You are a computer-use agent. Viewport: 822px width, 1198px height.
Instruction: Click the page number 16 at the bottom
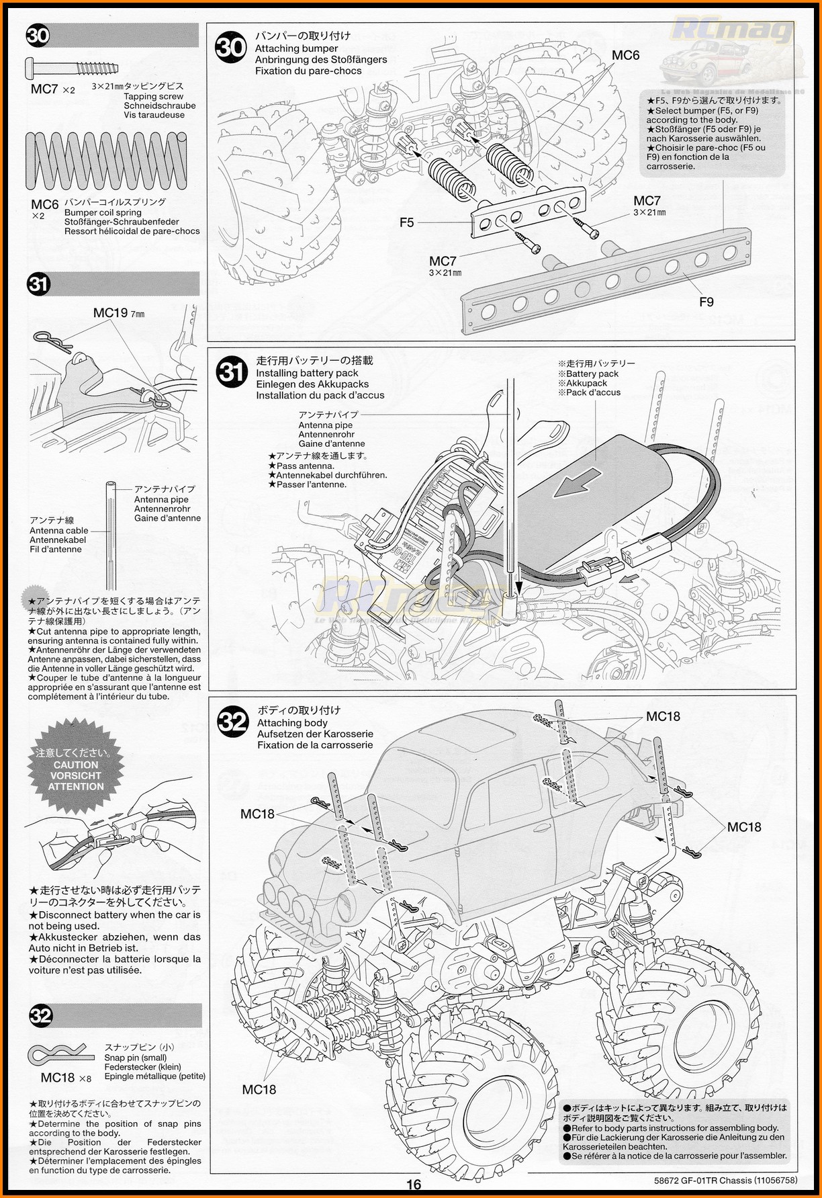click(x=414, y=1185)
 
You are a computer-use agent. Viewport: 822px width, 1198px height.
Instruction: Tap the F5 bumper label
click(x=407, y=222)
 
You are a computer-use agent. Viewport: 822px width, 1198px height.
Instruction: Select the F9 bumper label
click(x=706, y=302)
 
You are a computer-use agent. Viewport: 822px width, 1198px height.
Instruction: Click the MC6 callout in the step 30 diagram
click(x=625, y=56)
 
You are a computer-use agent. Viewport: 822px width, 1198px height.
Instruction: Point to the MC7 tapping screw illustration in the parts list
click(x=73, y=67)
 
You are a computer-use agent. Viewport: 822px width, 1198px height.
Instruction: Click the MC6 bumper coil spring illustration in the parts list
click(x=106, y=161)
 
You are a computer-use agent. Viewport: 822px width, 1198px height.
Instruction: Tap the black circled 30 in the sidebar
click(x=38, y=35)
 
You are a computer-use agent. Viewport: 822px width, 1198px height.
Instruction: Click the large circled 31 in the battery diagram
click(x=232, y=371)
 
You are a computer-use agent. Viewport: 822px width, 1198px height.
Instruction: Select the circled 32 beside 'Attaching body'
click(x=233, y=722)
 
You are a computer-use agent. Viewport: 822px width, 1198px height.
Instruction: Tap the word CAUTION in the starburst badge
click(x=76, y=765)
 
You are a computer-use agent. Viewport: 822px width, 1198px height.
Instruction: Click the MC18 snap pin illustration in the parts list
click(x=56, y=1054)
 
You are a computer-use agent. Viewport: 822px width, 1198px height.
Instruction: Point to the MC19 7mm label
click(x=119, y=312)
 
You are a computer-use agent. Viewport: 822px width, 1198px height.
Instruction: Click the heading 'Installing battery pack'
click(x=307, y=373)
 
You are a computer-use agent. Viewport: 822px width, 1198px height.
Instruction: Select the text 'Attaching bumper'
click(x=296, y=48)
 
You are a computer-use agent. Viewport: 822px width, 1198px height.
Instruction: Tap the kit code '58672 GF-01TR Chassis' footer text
click(x=702, y=1180)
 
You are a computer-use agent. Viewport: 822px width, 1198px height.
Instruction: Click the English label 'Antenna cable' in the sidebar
click(x=59, y=530)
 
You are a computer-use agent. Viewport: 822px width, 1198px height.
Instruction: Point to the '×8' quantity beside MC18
click(x=85, y=1078)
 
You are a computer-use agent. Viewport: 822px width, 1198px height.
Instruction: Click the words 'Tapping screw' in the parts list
click(x=153, y=96)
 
